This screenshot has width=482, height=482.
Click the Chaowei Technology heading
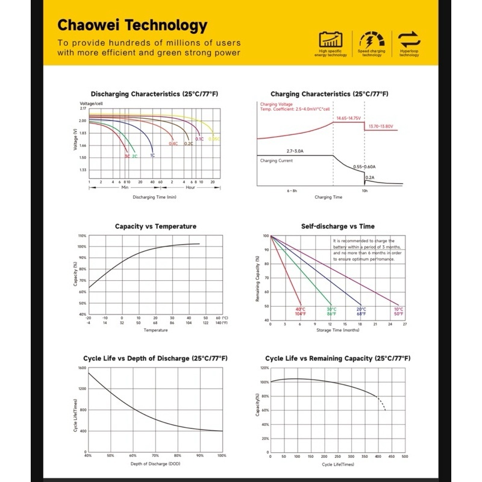(132, 25)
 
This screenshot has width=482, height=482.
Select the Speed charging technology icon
(372, 40)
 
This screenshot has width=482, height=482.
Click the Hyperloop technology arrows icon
(409, 40)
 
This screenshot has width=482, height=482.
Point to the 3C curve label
(127, 156)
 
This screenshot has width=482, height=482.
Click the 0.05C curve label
(214, 139)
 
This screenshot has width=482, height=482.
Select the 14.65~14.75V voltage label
(348, 118)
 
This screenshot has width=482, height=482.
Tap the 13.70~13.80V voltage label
(381, 127)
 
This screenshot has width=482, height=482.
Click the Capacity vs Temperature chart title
(155, 227)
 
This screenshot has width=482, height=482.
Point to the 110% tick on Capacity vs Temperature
(82, 236)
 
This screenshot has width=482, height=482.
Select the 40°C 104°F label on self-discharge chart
(299, 311)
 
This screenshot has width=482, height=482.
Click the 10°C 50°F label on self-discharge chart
(399, 311)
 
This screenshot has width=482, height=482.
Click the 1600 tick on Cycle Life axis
(82, 368)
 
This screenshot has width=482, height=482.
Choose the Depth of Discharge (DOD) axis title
(155, 463)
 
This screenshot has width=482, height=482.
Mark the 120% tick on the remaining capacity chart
(264, 368)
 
